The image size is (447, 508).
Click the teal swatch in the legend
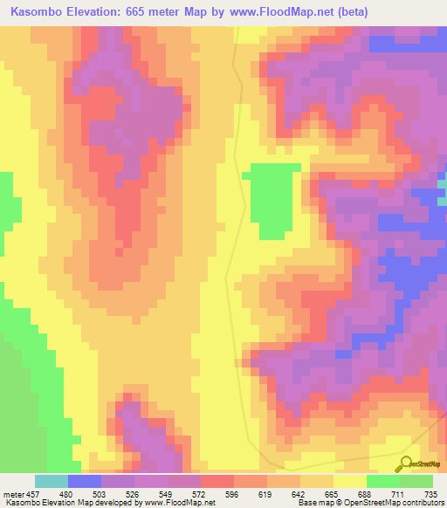tap(52, 481)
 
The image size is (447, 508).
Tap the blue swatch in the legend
tap(85, 481)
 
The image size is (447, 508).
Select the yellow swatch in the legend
tap(350, 481)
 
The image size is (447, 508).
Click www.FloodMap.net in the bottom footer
tap(181, 503)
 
